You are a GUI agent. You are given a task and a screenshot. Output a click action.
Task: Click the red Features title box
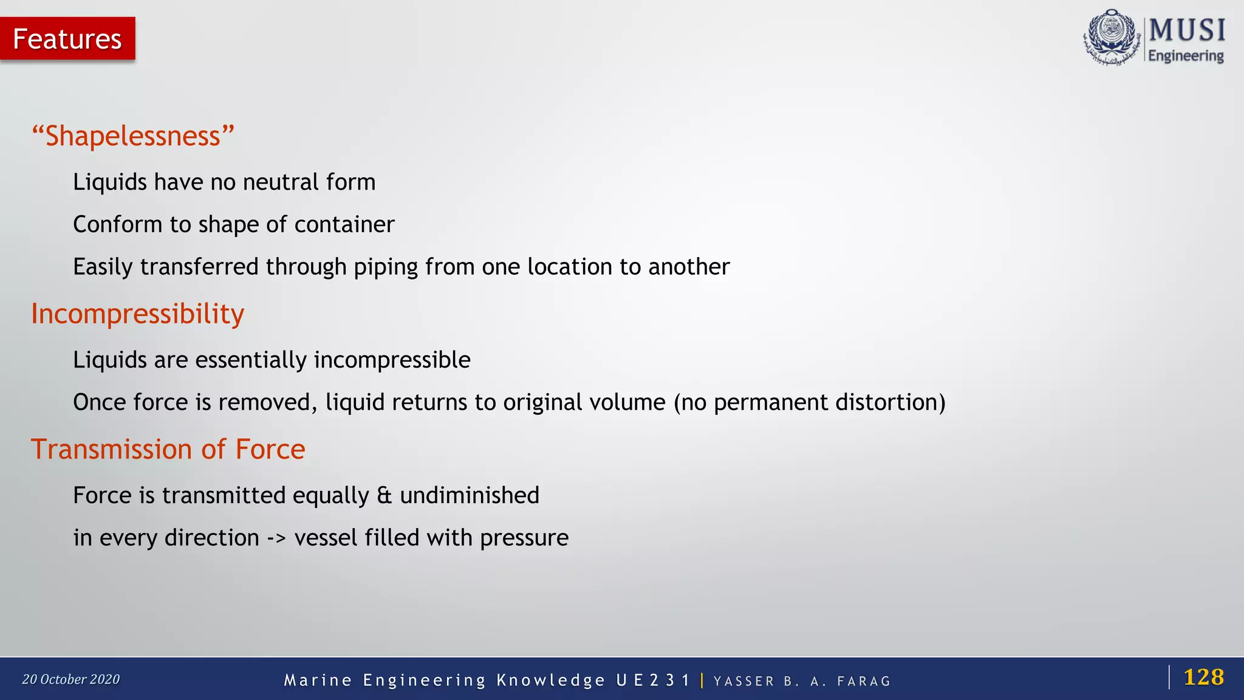click(x=67, y=39)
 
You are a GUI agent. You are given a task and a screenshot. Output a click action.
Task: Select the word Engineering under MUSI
click(x=1186, y=56)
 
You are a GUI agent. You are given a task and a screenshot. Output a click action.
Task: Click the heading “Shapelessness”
click(x=133, y=136)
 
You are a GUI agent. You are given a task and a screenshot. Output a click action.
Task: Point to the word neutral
click(x=281, y=182)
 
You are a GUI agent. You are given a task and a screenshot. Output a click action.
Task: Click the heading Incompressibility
click(x=138, y=314)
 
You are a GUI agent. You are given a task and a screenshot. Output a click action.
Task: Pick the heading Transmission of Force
click(x=168, y=450)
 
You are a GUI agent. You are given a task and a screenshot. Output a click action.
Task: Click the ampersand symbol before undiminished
click(x=384, y=496)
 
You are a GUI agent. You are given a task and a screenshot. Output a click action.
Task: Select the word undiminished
click(x=470, y=496)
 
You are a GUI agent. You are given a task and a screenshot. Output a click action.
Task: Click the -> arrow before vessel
click(x=276, y=538)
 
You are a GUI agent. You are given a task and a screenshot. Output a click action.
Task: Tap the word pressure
click(x=524, y=538)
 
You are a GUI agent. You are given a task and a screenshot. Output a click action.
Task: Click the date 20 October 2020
click(x=71, y=679)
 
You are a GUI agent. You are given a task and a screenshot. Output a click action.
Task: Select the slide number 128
click(x=1203, y=677)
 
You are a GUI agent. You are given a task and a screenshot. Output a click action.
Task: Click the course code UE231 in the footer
click(x=653, y=680)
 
